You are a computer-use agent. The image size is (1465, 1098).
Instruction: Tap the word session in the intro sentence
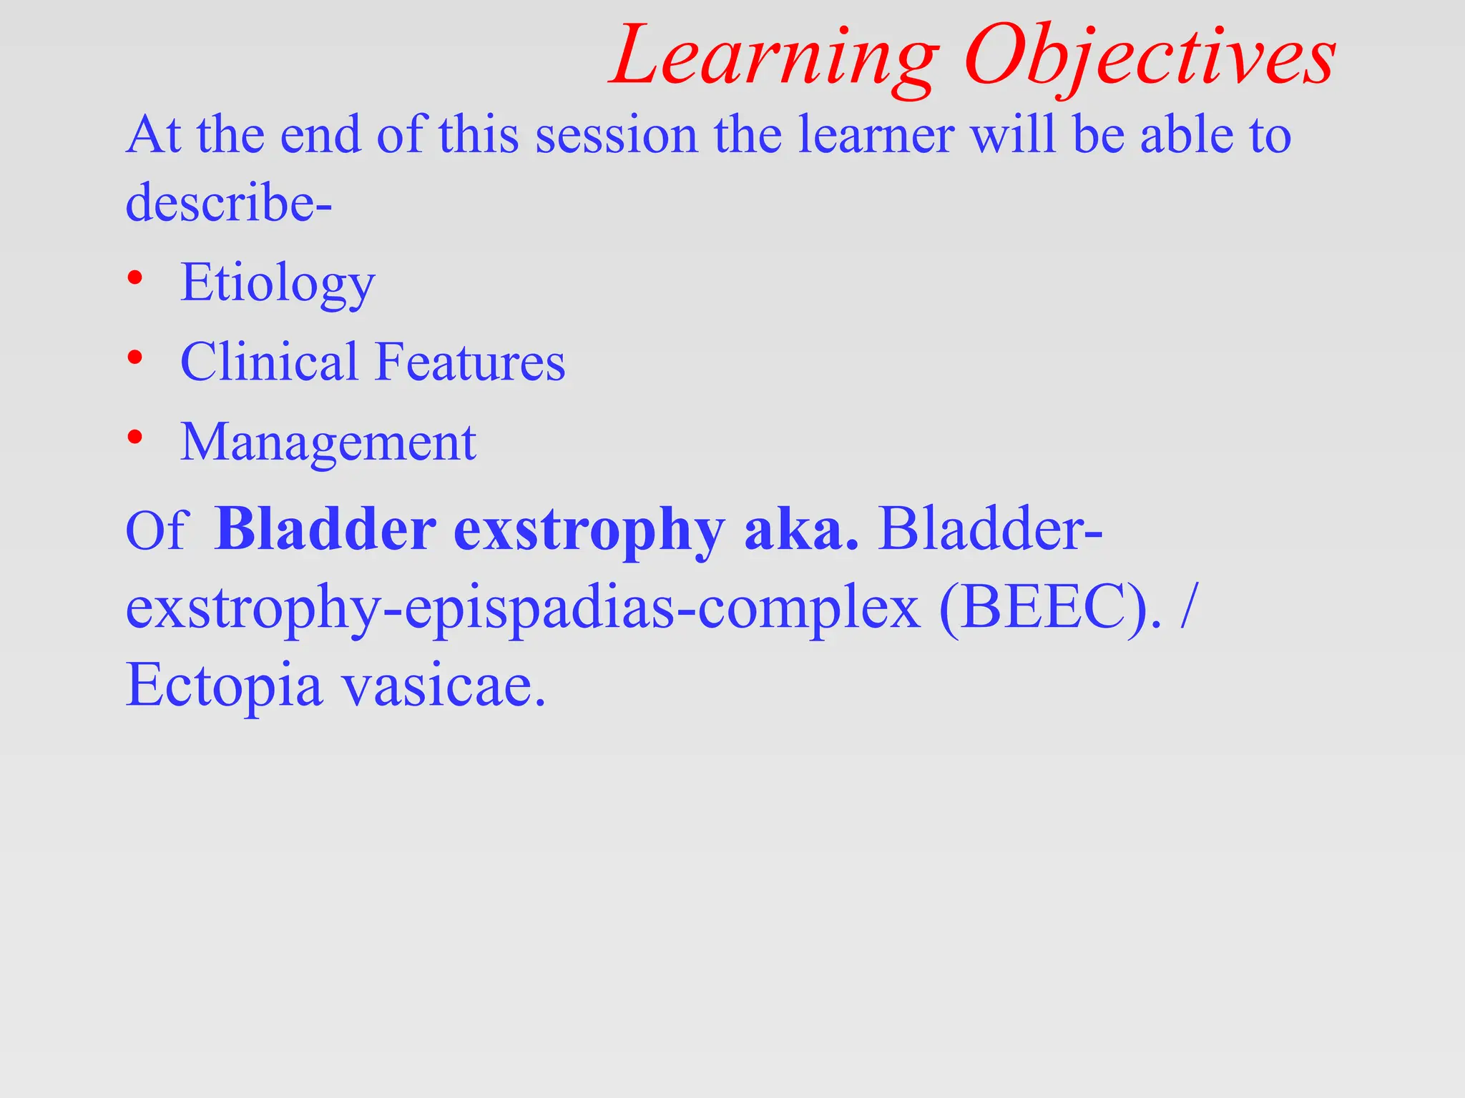click(x=616, y=136)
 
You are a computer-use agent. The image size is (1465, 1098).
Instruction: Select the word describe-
click(x=228, y=203)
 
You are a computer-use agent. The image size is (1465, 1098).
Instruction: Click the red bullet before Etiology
click(x=134, y=278)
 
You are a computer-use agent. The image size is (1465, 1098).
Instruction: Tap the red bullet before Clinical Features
click(x=134, y=357)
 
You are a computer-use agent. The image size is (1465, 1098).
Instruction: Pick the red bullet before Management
click(x=134, y=437)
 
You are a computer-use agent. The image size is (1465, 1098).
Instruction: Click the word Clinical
click(x=268, y=362)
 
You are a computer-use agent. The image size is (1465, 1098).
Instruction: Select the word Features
click(x=470, y=362)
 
